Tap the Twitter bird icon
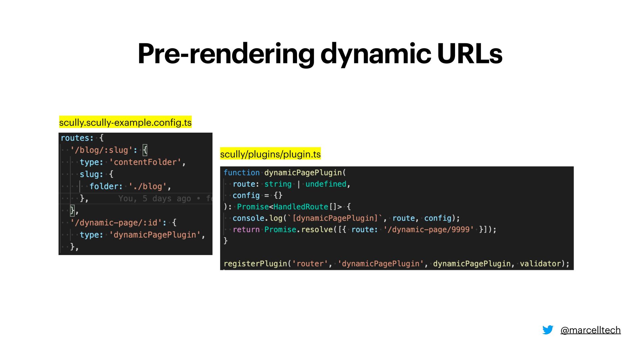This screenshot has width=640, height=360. pos(548,330)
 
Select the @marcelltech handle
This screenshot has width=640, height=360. pos(590,330)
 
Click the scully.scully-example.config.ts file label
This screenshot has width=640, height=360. pos(125,122)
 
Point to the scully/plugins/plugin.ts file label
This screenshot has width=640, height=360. pos(270,154)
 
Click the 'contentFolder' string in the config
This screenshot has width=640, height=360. pos(145,162)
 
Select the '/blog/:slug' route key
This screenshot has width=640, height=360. pos(101,150)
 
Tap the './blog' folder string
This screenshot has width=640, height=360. pos(148,186)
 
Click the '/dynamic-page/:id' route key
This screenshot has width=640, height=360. pos(116,223)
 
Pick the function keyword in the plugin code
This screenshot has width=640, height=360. pos(241,173)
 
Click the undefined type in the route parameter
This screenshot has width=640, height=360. pos(326,184)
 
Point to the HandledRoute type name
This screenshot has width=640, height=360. pos(301,207)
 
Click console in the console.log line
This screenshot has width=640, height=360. pos(248,218)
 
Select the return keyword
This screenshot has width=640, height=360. pos(246,229)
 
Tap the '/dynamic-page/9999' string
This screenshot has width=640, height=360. pos(428,229)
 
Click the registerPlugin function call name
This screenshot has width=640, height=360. pos(256,264)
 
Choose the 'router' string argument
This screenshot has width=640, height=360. pos(310,264)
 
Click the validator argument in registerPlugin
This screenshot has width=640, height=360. pos(540,264)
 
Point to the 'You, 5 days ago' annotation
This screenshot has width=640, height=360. pos(155,199)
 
